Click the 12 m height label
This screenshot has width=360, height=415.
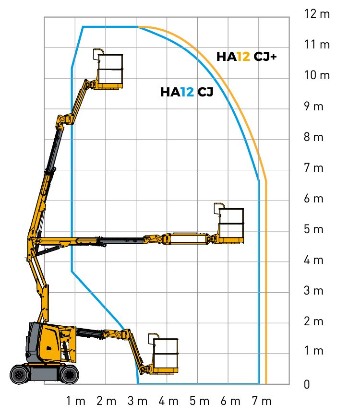317,14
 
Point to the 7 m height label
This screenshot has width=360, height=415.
313,168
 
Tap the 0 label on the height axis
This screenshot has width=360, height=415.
307,384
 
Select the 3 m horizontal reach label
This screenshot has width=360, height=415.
137,401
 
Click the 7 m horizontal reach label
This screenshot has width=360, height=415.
262,401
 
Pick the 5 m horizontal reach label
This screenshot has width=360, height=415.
199,401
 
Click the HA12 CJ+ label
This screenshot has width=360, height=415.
246,57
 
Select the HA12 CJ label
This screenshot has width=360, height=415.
187,92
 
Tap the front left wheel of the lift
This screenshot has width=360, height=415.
20,375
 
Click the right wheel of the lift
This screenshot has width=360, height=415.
69,375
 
